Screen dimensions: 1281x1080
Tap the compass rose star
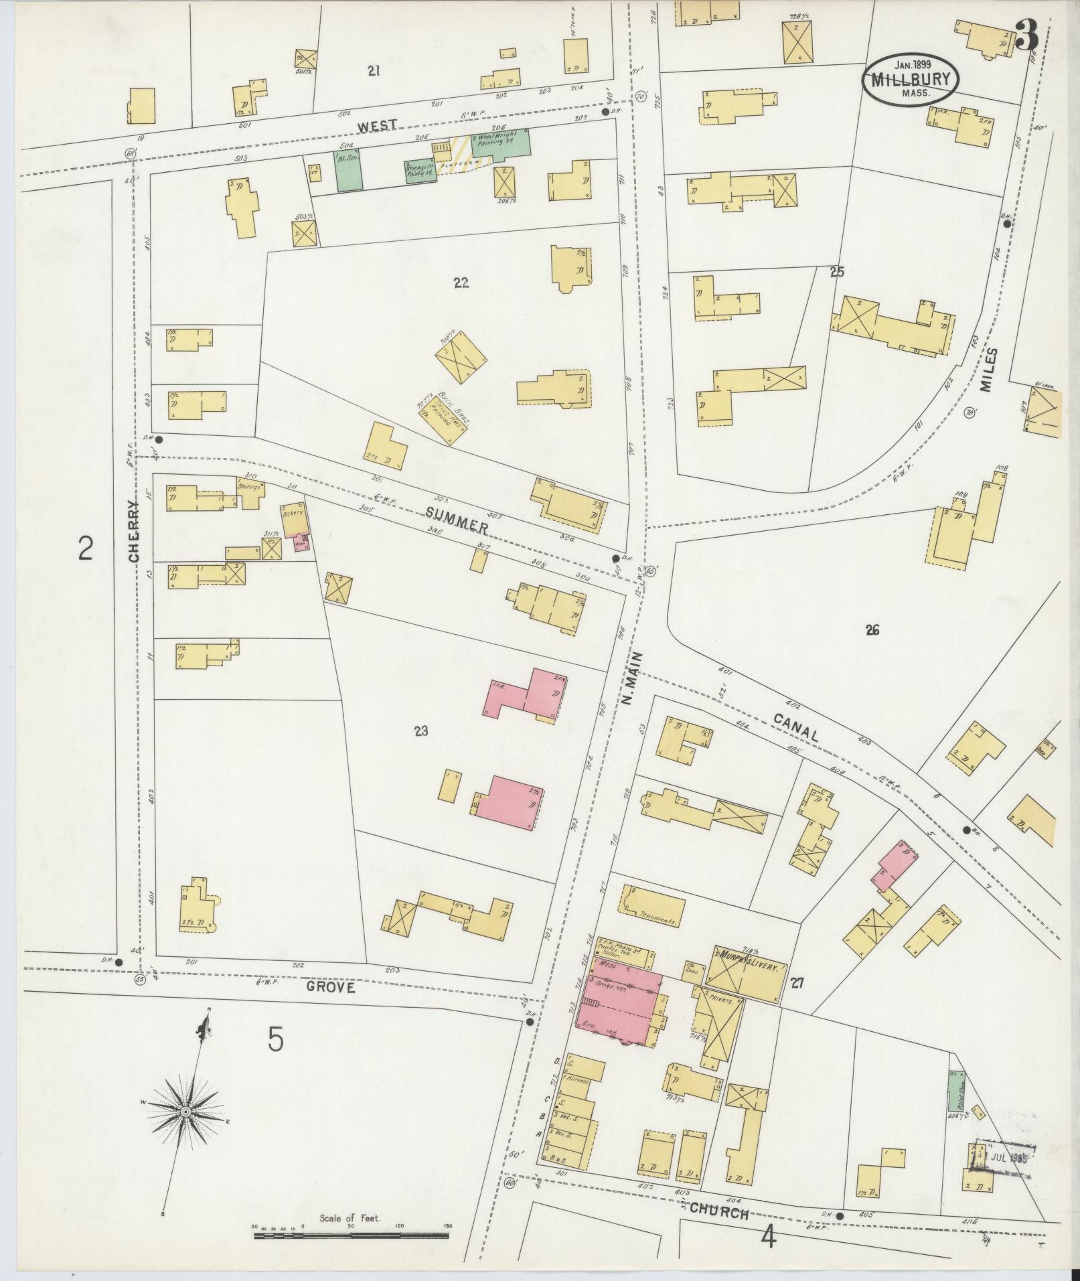(185, 1112)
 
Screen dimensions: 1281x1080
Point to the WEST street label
(377, 125)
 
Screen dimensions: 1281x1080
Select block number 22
(460, 283)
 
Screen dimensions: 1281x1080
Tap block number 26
(871, 629)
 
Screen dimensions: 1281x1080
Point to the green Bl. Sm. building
(348, 170)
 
